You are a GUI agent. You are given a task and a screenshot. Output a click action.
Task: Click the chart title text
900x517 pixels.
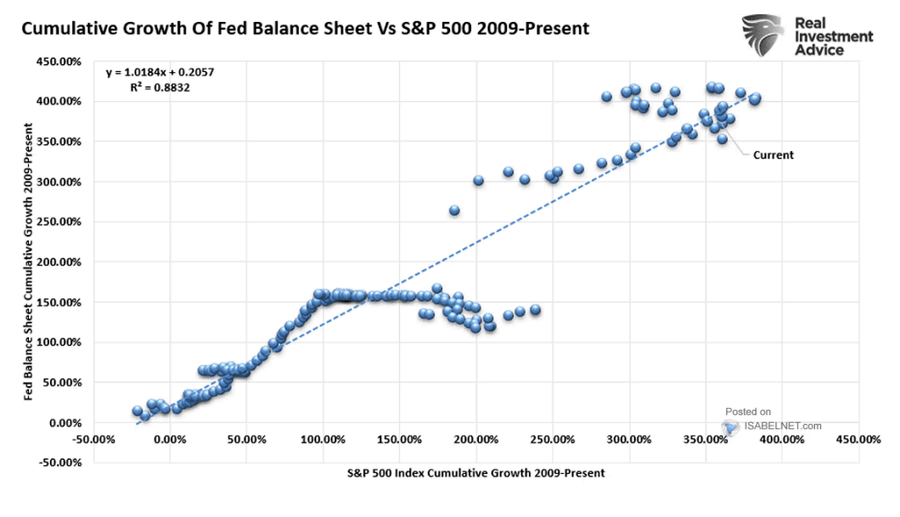[304, 28]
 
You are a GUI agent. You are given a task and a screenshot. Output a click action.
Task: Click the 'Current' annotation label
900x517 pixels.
[773, 155]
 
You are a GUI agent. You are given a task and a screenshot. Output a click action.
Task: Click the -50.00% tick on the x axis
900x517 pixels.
[92, 439]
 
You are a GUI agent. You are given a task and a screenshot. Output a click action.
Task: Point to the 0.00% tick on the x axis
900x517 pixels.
[169, 439]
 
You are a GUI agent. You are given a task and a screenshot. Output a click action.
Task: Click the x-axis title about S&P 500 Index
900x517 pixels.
[475, 473]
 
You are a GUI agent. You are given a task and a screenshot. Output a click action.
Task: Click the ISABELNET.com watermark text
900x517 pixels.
[781, 426]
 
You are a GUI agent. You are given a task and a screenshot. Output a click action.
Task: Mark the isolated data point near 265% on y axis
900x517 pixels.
[454, 211]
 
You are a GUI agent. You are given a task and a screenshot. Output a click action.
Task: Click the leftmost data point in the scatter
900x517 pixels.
[137, 411]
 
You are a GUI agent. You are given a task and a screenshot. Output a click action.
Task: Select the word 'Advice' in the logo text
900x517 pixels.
[818, 50]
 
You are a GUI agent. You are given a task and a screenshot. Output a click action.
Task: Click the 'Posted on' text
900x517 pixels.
[748, 411]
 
